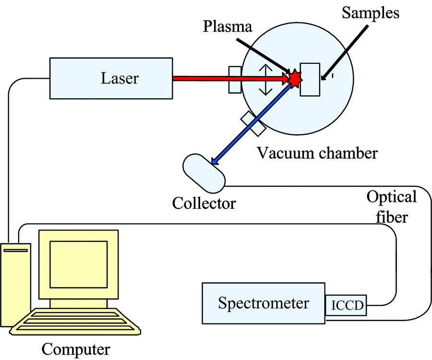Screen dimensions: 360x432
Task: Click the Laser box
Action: point(110,78)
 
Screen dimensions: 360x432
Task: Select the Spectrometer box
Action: point(264,303)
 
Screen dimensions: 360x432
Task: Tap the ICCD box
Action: point(346,305)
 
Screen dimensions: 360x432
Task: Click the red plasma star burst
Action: point(294,78)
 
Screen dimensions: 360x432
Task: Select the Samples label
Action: point(370,12)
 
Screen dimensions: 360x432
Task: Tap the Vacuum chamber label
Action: point(317,153)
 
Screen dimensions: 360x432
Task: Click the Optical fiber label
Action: point(391,207)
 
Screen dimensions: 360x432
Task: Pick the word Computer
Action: point(76,349)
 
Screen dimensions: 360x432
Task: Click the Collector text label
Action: point(204,203)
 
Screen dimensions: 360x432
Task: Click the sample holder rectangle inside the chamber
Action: point(310,79)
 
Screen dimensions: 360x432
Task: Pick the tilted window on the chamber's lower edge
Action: point(253,123)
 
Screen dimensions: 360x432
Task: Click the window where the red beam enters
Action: point(235,79)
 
